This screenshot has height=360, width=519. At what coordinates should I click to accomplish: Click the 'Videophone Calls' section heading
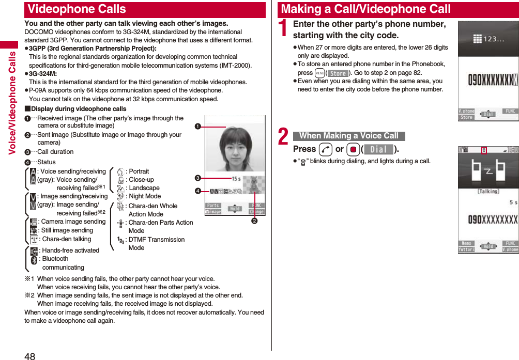point(77,9)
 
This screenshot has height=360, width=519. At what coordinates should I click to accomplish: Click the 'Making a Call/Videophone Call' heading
point(366,9)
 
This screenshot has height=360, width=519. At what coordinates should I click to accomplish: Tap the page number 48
point(30,355)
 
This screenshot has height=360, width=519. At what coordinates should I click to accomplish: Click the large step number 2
point(283,137)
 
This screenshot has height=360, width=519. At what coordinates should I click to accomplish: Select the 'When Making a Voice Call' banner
point(349,136)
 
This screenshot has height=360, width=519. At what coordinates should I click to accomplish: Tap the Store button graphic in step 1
point(338,73)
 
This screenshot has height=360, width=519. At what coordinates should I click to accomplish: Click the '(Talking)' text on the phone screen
point(488,191)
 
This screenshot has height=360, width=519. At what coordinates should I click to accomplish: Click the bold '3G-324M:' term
point(43,74)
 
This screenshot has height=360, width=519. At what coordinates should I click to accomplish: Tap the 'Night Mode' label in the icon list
point(145,196)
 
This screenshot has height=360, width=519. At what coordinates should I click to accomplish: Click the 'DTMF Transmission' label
point(156,240)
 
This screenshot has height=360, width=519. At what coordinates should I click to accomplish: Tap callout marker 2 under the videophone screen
point(254,222)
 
